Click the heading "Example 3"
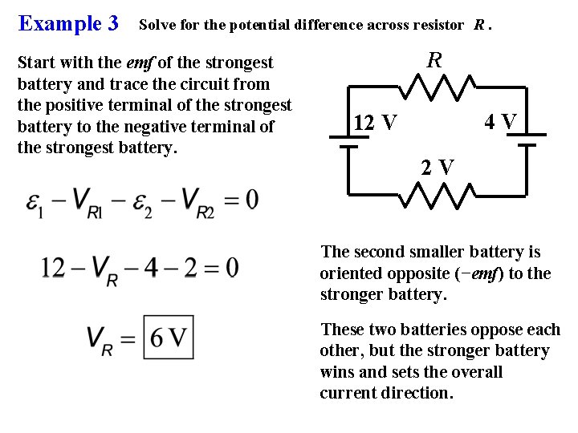tap(68, 23)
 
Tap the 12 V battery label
tap(375, 123)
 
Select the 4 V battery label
tap(500, 122)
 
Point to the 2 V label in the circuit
tap(438, 167)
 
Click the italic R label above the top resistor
tap(434, 60)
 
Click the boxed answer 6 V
tap(169, 338)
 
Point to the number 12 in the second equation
tap(55, 266)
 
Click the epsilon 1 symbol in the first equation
tap(35, 201)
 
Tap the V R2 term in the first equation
tap(198, 201)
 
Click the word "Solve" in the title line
tap(159, 25)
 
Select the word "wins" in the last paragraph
tap(337, 372)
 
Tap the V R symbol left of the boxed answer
tap(103, 339)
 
